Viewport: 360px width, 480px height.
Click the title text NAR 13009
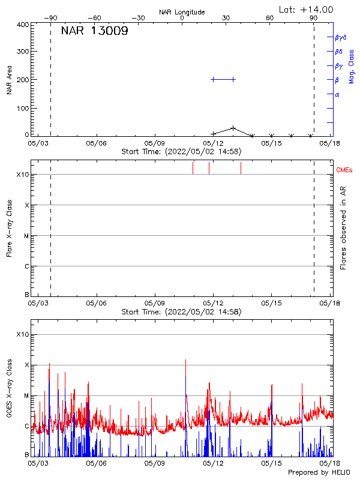pyautogui.click(x=94, y=31)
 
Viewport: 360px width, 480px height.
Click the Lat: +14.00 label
pyautogui.click(x=306, y=10)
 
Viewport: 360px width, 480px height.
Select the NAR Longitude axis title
pyautogui.click(x=182, y=12)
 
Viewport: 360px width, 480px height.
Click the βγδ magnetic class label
pyautogui.click(x=341, y=37)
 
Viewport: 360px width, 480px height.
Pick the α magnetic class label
pyautogui.click(x=337, y=94)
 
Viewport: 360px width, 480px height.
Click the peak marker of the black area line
pyautogui.click(x=233, y=128)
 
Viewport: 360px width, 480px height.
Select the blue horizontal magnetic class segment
pyautogui.click(x=223, y=79)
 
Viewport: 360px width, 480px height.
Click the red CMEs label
pyautogui.click(x=345, y=170)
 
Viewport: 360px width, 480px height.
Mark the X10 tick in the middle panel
pyautogui.click(x=22, y=175)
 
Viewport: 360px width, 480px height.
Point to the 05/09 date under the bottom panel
pyautogui.click(x=155, y=463)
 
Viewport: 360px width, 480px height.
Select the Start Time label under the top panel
pyautogui.click(x=181, y=152)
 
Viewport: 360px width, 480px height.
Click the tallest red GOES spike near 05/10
pyautogui.click(x=186, y=360)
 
